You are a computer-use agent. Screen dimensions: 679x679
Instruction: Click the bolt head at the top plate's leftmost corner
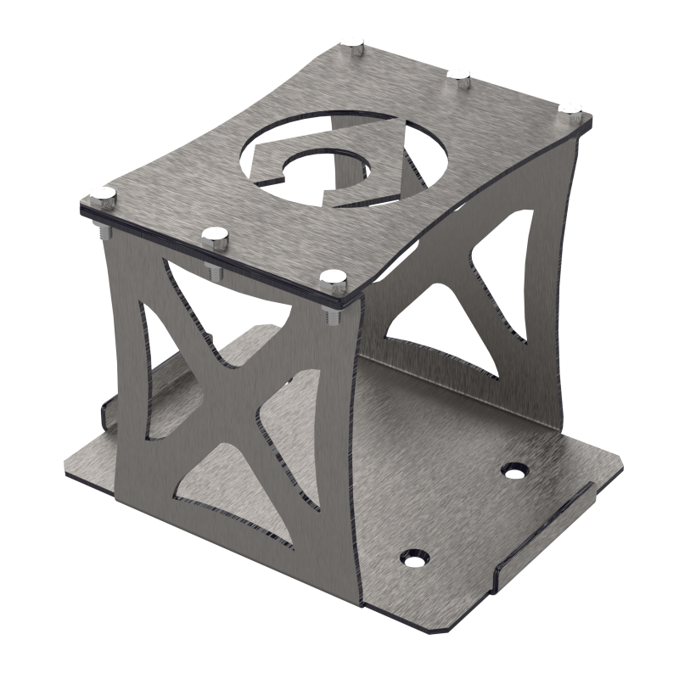(104, 195)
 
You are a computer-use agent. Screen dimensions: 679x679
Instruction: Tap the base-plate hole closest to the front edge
(416, 556)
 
